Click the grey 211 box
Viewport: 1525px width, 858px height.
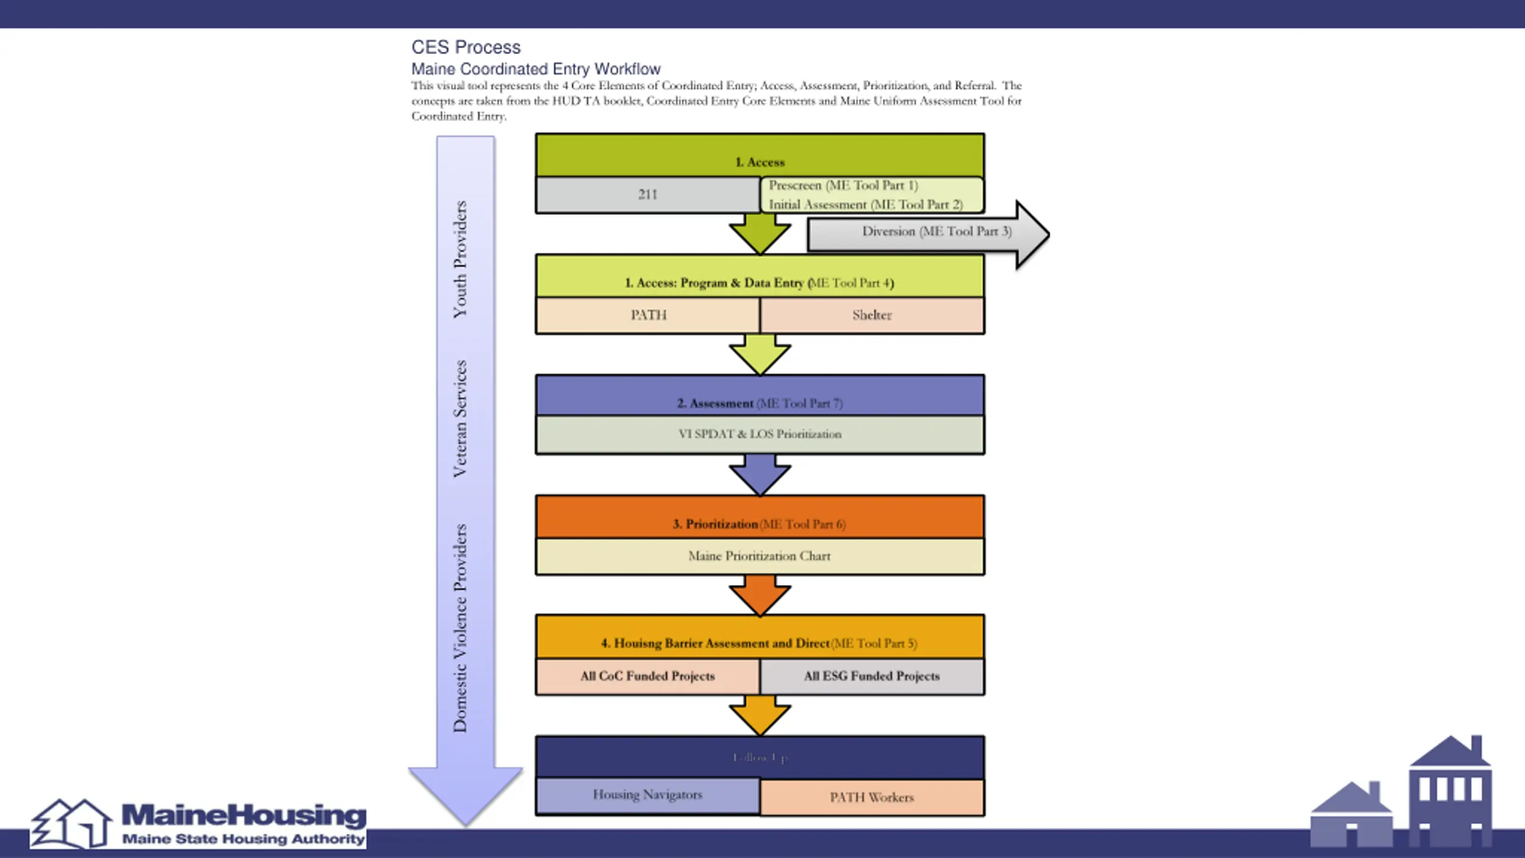pos(648,195)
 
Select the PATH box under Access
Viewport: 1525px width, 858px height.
pos(648,315)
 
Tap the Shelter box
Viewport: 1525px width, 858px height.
pos(872,315)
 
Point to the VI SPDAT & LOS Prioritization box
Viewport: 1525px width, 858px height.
pos(760,434)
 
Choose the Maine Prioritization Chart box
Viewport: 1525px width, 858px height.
pos(760,557)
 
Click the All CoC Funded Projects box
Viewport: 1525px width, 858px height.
pos(648,676)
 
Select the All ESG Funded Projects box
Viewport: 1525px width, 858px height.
pos(872,676)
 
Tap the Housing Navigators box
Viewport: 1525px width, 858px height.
pos(648,795)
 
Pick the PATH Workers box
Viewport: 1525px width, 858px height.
pos(872,797)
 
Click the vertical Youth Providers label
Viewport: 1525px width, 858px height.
pos(460,260)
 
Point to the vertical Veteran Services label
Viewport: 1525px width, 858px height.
pos(460,419)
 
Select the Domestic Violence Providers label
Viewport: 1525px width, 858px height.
pos(460,628)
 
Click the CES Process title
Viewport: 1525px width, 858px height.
pos(466,47)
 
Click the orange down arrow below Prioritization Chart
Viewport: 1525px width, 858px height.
pos(760,596)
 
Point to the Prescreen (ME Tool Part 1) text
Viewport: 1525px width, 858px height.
pos(843,185)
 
